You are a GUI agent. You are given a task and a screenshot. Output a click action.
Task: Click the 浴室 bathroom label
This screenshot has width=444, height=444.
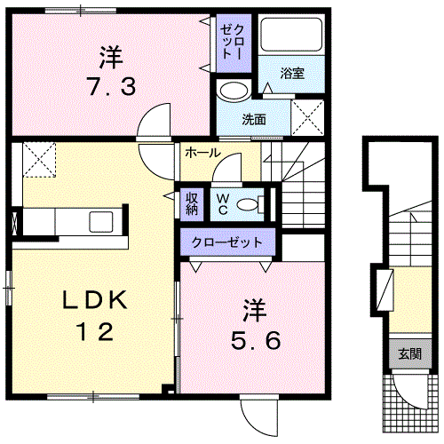point(292,73)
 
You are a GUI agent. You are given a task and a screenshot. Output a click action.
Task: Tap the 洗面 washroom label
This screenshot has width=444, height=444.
point(254,119)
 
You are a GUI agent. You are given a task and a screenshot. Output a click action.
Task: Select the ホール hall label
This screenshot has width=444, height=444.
point(202,153)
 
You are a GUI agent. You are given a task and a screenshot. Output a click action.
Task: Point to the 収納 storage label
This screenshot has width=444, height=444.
point(192,204)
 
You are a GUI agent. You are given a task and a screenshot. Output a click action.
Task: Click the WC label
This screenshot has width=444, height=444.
point(222,204)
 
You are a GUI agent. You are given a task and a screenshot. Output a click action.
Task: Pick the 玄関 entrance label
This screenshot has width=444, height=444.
point(409,353)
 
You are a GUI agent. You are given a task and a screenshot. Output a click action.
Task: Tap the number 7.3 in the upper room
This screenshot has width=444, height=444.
point(112,86)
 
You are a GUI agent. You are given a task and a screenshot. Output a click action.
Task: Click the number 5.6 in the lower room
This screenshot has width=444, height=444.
point(256,340)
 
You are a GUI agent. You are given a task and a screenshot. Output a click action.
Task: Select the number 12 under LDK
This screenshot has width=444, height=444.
point(95,331)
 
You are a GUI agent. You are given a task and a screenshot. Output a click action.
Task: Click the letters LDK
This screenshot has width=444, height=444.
point(95,300)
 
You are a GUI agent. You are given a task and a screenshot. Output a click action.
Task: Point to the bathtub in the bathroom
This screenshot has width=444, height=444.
point(291,35)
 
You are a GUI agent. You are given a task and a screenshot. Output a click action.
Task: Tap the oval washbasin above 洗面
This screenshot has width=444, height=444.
point(234,91)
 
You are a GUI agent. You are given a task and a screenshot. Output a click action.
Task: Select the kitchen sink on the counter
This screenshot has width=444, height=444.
point(101,222)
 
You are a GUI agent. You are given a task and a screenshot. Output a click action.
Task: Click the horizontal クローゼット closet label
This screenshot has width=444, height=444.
point(227,242)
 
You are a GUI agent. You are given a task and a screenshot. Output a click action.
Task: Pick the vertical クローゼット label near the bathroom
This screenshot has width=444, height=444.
point(234,42)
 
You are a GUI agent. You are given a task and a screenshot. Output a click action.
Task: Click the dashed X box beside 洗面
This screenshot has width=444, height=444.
point(307,117)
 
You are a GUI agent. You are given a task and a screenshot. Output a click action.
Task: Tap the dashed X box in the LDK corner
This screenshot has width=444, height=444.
point(39,160)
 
